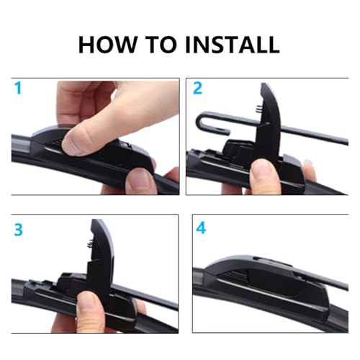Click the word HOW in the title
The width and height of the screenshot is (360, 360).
point(107,45)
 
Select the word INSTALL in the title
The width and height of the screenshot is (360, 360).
point(233,45)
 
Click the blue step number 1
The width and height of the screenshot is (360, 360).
point(18,88)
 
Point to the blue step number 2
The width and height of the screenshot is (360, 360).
point(197,88)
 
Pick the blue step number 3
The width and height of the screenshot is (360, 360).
point(19,230)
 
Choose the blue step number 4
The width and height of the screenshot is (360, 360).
point(201,228)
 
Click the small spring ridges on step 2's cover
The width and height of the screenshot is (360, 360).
point(258,109)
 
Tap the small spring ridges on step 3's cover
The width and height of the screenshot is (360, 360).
point(89,244)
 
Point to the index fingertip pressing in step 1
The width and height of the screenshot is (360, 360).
point(79,142)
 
